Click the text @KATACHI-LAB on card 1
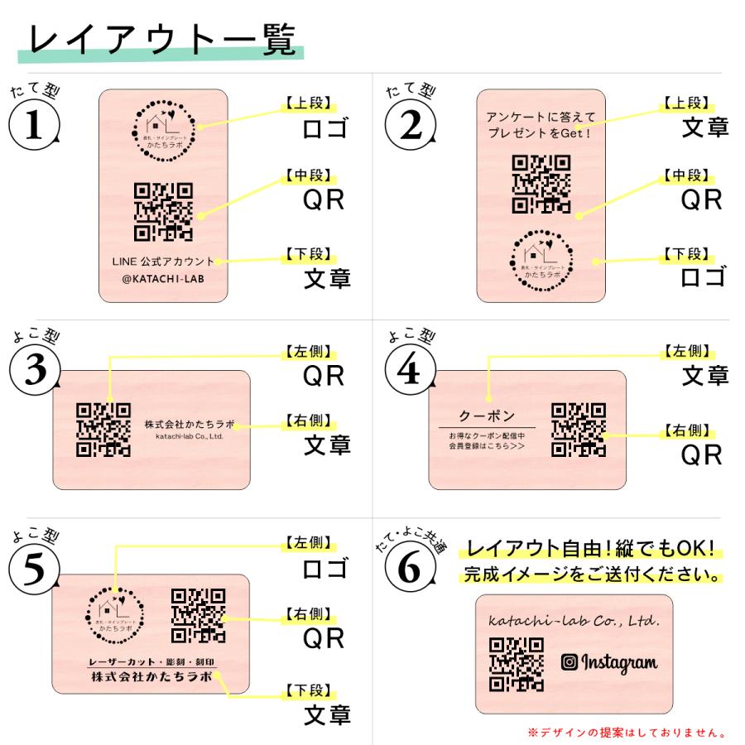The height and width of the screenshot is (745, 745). [163, 280]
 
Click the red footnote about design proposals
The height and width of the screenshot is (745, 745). [627, 732]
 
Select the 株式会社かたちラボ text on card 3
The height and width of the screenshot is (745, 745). [189, 425]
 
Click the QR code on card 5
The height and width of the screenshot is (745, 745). [198, 616]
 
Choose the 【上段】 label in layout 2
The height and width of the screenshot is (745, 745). [685, 103]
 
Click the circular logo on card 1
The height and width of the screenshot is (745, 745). [163, 128]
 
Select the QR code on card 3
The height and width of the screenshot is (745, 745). [103, 430]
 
